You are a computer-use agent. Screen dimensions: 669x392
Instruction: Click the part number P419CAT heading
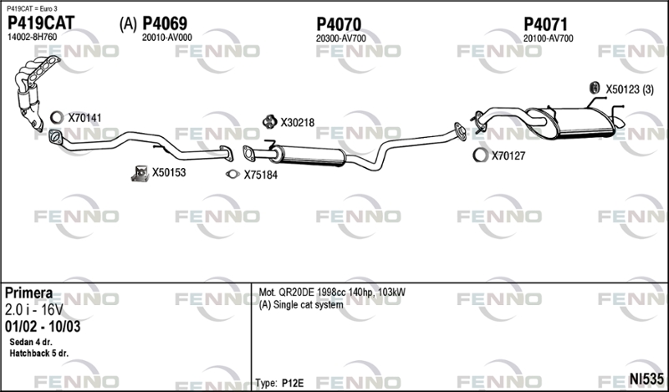click(x=41, y=23)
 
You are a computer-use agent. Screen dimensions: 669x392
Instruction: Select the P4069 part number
click(x=165, y=23)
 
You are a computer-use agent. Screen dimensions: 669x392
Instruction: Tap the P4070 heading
click(x=339, y=24)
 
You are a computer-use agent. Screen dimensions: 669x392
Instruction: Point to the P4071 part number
click(x=546, y=24)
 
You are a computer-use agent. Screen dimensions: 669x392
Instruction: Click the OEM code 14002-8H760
click(x=32, y=37)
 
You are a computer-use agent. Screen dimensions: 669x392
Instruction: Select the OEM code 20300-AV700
click(x=341, y=38)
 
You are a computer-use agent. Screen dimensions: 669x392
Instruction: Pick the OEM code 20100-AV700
click(x=549, y=38)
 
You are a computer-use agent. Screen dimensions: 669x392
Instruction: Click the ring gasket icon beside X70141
click(x=56, y=117)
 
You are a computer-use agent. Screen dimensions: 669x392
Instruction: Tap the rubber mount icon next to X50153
click(x=140, y=173)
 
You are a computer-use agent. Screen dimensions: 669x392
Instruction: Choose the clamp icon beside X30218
click(x=269, y=122)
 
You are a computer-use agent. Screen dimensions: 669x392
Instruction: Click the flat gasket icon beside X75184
click(x=232, y=174)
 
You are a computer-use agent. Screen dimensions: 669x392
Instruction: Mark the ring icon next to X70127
click(x=480, y=155)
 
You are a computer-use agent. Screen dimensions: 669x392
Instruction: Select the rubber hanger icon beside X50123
click(x=594, y=89)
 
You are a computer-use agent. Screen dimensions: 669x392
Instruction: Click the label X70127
click(x=508, y=155)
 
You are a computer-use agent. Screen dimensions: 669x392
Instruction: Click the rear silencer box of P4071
click(x=572, y=122)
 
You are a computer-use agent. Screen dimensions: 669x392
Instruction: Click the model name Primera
click(x=29, y=293)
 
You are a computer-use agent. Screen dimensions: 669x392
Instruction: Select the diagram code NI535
click(x=646, y=379)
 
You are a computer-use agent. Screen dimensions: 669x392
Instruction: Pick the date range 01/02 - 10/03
click(x=43, y=326)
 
